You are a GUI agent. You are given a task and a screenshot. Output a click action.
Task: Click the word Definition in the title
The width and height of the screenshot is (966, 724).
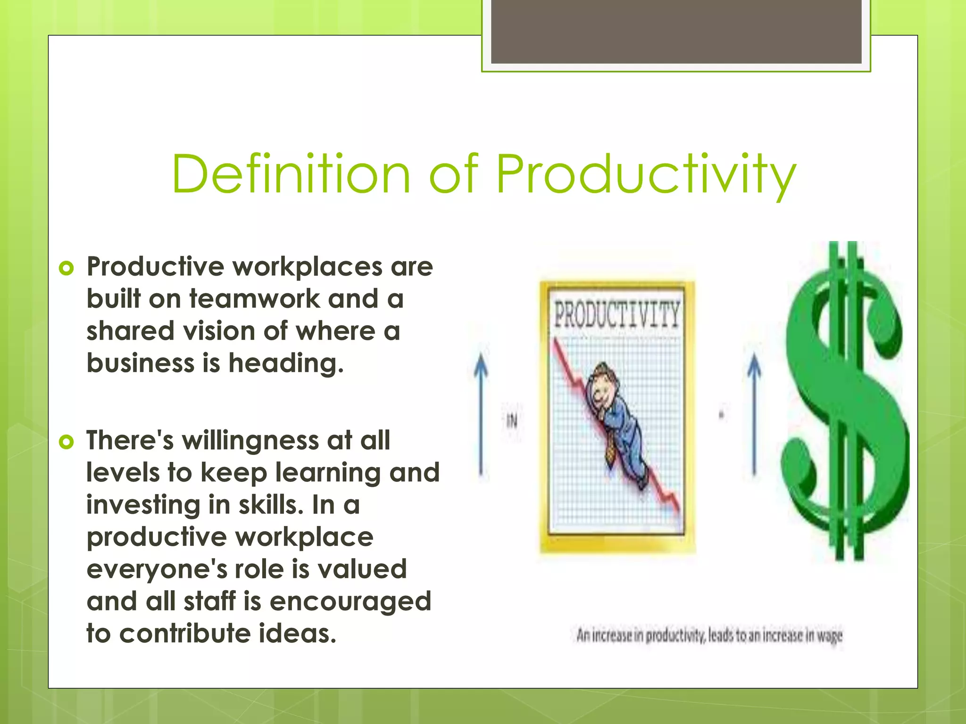[x=291, y=174]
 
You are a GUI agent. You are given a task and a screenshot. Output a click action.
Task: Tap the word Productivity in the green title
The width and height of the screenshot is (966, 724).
[x=646, y=174]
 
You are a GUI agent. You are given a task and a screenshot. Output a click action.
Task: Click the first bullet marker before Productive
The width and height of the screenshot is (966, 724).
[x=67, y=269]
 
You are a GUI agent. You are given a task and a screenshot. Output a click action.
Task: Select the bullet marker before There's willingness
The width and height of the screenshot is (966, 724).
[x=67, y=442]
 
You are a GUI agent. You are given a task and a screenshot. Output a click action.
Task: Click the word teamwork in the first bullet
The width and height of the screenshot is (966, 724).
[x=254, y=299]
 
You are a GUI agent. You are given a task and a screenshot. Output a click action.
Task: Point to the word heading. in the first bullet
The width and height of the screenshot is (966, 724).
[x=286, y=363]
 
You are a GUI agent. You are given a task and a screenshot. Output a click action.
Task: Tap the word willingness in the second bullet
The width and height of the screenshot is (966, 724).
[x=250, y=441]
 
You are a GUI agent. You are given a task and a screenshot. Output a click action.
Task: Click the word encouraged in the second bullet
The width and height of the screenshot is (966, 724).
[x=350, y=601]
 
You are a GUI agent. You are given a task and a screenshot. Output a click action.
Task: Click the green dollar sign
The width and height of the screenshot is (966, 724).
[x=844, y=401]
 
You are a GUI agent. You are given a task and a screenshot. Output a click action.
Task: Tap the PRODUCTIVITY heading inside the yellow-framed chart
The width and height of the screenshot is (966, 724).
[x=616, y=315]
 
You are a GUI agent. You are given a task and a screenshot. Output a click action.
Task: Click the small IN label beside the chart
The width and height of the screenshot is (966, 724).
[x=512, y=420]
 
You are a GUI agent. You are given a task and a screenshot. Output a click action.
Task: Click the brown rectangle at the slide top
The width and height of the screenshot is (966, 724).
[x=676, y=32]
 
